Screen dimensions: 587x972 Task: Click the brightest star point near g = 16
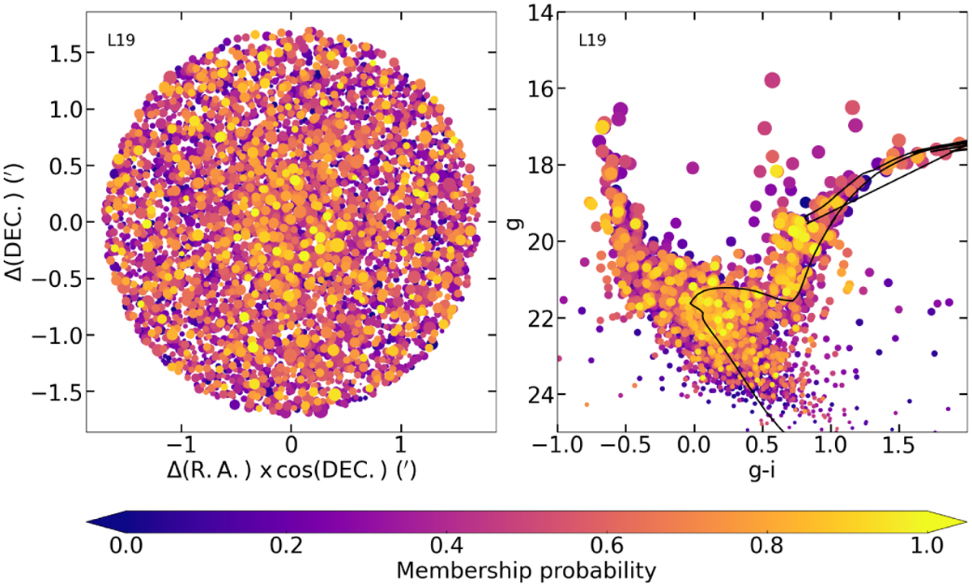[x=771, y=79]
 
